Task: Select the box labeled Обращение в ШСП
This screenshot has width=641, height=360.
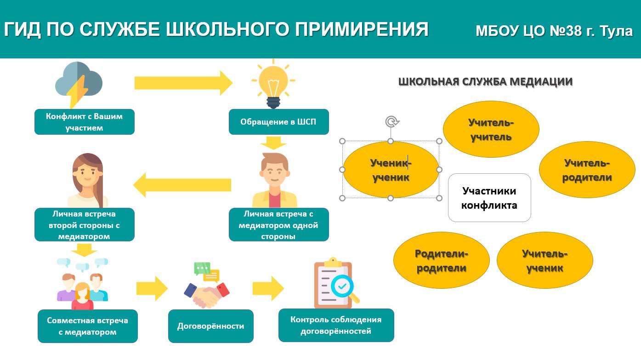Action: tap(279, 122)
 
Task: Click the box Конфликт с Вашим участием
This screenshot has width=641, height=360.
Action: tap(85, 122)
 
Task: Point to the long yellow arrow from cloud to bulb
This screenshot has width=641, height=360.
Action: tap(183, 83)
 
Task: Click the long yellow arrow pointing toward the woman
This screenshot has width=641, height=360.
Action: tap(182, 185)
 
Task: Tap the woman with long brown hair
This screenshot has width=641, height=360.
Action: tap(88, 180)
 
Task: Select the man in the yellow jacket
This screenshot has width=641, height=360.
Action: tap(274, 180)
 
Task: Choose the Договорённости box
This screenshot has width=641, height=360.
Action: tap(211, 326)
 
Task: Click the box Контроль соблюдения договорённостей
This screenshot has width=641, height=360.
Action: tap(336, 325)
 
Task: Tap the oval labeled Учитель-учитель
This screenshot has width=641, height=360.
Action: tap(491, 129)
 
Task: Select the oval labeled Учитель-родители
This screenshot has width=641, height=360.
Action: tap(587, 170)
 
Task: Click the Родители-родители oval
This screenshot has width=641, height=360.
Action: tap(442, 260)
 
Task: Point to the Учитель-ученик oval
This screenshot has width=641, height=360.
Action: tap(545, 260)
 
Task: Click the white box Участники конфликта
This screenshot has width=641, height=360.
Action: tap(489, 198)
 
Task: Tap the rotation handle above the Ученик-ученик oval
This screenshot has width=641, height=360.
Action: tap(391, 122)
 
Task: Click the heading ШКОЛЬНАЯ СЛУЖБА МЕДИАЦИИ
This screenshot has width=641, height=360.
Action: tap(486, 82)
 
